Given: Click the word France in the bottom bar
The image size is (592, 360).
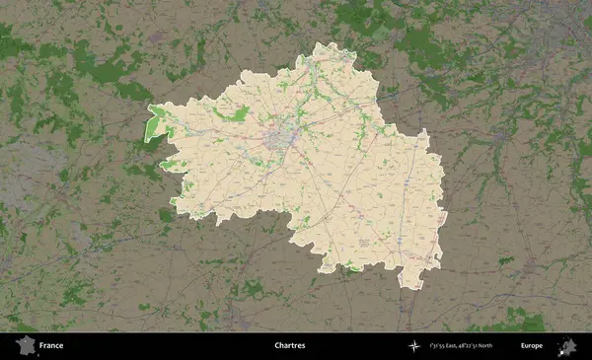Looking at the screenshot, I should [51, 346].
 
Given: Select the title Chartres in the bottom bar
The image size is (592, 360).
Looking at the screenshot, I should [290, 346].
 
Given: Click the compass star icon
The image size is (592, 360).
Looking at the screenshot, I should [413, 346].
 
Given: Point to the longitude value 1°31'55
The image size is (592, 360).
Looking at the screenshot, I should [439, 346].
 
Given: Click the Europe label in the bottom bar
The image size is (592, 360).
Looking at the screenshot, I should [532, 346].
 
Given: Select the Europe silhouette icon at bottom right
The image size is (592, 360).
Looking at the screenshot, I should [567, 346].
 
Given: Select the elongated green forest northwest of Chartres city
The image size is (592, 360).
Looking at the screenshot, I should [235, 115].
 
